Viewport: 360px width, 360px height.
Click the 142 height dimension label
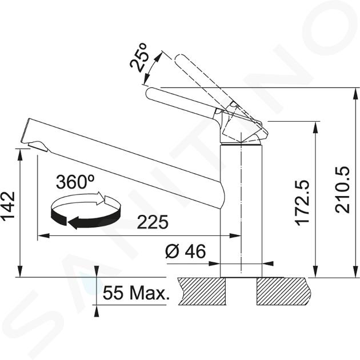click(x=9, y=207)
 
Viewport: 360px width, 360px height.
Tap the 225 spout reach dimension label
click(x=153, y=222)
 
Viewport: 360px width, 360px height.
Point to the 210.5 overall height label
click(x=342, y=190)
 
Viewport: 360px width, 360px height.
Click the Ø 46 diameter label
click(x=186, y=251)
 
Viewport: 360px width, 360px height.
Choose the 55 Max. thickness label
click(x=136, y=293)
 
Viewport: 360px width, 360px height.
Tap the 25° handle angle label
click(x=138, y=57)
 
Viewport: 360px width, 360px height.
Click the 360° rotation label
click(x=75, y=182)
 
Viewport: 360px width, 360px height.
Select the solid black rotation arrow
click(x=83, y=218)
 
